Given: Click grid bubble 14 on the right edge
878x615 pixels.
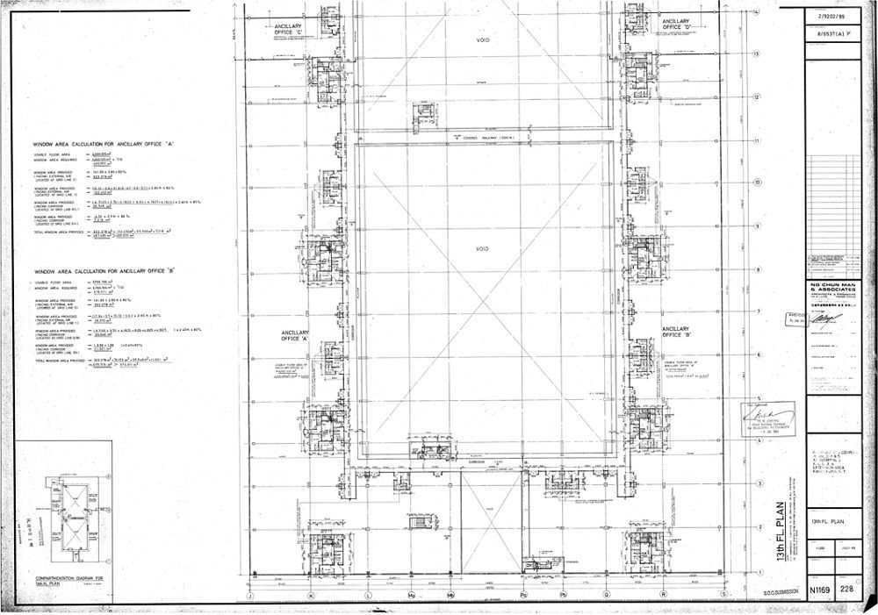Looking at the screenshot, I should tap(755, 11).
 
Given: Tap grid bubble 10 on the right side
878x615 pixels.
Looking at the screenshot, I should tap(755, 183).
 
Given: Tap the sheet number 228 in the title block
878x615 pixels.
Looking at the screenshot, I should tap(848, 590).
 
